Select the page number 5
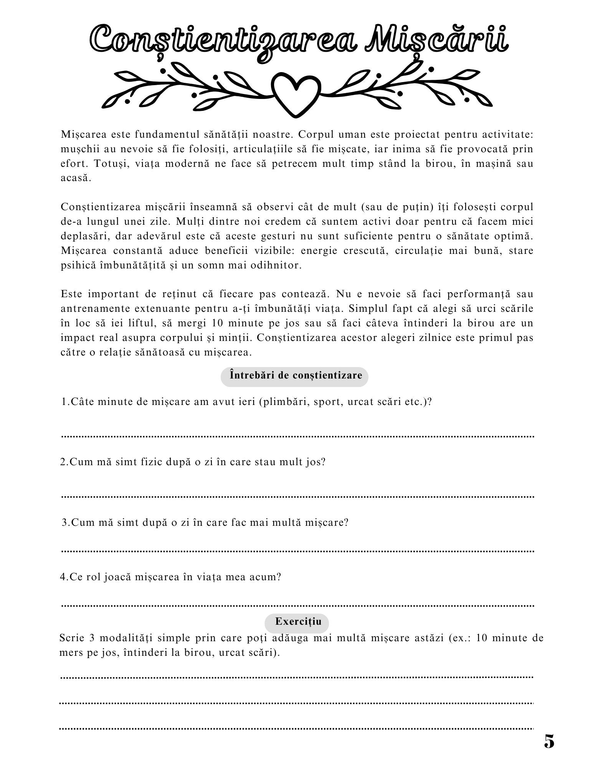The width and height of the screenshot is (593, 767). coord(549,742)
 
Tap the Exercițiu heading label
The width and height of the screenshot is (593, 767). coord(298,621)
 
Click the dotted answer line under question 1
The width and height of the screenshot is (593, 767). coord(298,436)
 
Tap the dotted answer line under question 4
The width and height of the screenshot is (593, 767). coord(298,606)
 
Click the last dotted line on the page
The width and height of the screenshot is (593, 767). coord(296,728)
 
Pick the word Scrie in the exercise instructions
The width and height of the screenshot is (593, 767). coord(72,638)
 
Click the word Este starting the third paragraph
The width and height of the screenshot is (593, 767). coord(71,294)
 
